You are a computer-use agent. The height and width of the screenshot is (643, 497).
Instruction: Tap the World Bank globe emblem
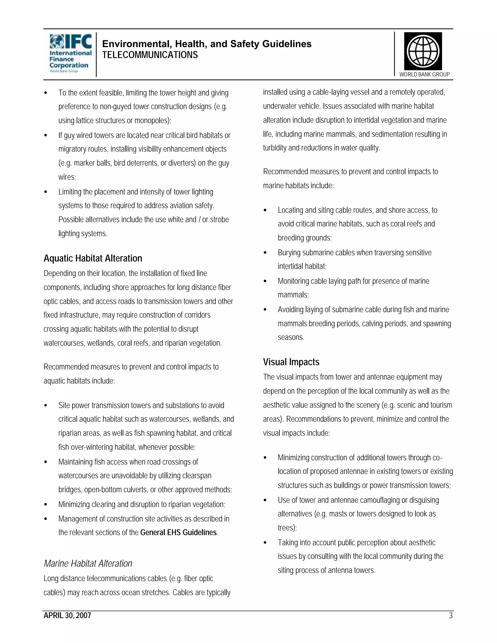click(423, 51)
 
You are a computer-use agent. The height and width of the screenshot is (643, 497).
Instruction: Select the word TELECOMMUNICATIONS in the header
click(150, 55)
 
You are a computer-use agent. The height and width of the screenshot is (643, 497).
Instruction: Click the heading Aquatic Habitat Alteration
click(93, 258)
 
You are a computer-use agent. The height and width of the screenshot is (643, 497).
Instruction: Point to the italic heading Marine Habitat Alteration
click(88, 563)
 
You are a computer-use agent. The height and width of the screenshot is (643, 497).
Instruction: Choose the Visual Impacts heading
click(291, 362)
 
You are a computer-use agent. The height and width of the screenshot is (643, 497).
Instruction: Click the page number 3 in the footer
click(450, 616)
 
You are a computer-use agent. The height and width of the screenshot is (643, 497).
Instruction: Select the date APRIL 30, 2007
click(67, 616)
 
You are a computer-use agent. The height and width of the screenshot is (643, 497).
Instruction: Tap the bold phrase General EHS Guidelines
click(178, 533)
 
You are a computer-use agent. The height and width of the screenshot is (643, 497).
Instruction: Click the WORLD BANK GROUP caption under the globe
click(424, 74)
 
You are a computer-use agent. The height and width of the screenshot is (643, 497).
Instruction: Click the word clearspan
click(197, 476)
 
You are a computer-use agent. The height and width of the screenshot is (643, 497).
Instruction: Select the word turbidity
click(275, 148)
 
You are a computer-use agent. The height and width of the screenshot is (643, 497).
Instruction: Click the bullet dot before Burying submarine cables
click(265, 253)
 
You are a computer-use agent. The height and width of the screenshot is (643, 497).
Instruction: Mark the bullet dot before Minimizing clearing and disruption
click(45, 504)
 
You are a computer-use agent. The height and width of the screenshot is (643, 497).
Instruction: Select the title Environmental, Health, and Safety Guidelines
click(207, 44)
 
